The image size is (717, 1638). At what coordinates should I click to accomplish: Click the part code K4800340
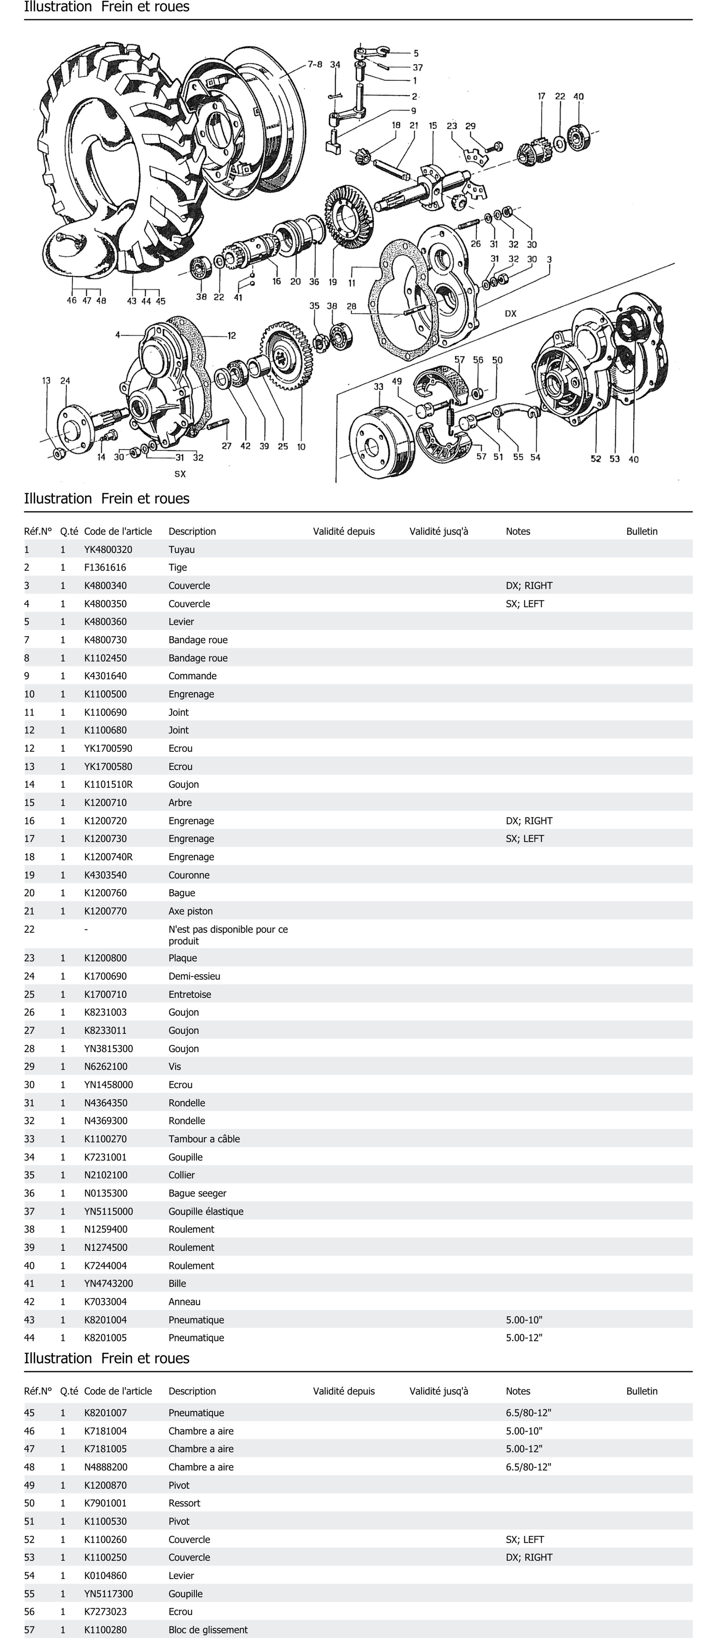(x=106, y=586)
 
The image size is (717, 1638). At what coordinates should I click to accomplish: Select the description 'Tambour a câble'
(x=204, y=1139)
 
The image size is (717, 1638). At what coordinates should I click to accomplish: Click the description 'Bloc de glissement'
(x=208, y=1630)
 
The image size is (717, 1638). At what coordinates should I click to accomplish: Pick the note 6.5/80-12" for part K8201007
(x=528, y=1413)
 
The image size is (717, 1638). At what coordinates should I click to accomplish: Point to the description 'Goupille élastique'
(x=206, y=1211)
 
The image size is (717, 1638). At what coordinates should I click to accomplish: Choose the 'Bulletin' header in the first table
(x=641, y=532)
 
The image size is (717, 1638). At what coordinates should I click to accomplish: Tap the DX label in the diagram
(x=510, y=314)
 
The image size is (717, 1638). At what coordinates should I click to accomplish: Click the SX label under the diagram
(x=180, y=474)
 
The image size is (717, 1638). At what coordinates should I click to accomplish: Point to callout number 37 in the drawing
(x=418, y=67)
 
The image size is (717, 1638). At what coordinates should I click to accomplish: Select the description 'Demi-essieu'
(x=195, y=976)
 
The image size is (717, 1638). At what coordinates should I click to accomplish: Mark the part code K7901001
(x=106, y=1503)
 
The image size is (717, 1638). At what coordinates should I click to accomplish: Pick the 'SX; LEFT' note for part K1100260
(x=525, y=1539)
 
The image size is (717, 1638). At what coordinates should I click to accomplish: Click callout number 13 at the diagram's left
(x=46, y=381)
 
